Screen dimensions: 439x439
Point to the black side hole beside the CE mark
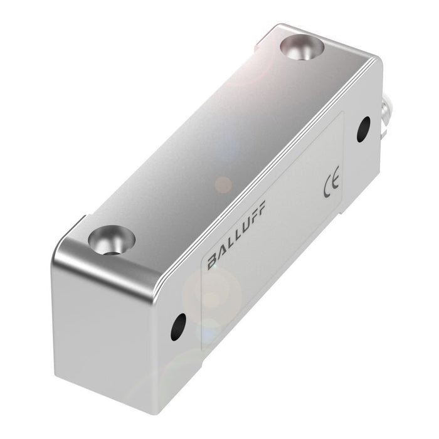tap(362, 130)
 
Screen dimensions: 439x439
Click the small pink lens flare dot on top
tap(223, 184)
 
